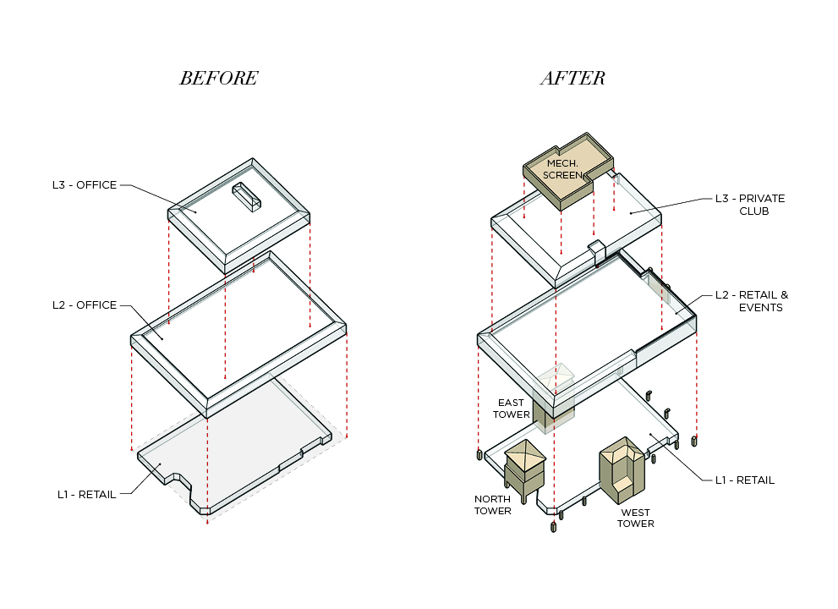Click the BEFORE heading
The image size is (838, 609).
[x=218, y=79]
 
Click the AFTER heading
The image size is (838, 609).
[x=572, y=79]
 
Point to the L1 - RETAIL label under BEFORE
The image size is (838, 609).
[x=85, y=494]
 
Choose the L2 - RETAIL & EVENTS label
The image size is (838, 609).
[x=751, y=301]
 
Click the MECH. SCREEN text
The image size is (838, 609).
[x=562, y=169]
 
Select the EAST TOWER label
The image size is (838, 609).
[x=512, y=409]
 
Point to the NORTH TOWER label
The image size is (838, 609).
[x=492, y=505]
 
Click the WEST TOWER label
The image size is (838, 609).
[x=635, y=518]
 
